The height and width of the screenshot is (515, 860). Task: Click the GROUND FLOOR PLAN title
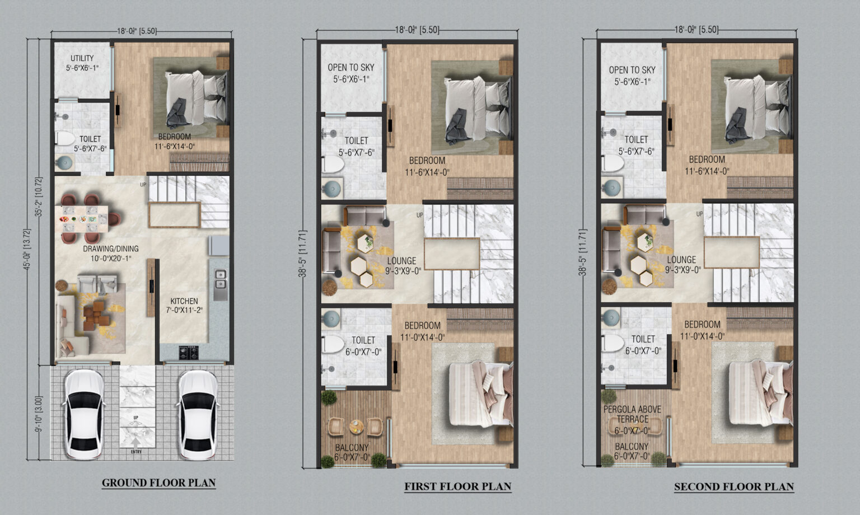pos(158,483)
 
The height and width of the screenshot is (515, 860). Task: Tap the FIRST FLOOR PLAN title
pos(457,486)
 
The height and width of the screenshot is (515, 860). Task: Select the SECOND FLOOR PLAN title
pos(733,486)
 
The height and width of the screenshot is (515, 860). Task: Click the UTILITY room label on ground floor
pos(82,58)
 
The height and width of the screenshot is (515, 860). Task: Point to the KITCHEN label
pos(184,301)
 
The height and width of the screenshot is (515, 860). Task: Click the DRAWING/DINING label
pos(111,249)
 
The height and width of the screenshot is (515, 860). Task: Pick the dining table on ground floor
pos(85,219)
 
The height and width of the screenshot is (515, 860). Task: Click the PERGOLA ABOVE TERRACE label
pos(632,414)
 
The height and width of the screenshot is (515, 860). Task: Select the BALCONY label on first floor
pos(352,447)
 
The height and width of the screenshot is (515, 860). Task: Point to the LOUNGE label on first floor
pos(401,261)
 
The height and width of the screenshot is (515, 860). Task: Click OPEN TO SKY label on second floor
pos(632,70)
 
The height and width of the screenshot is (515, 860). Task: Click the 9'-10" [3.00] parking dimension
pos(39,414)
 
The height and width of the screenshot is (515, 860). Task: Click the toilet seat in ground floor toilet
pos(66,138)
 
